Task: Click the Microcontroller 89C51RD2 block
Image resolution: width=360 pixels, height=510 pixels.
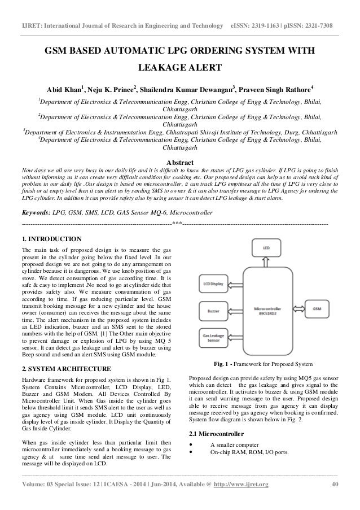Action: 267,310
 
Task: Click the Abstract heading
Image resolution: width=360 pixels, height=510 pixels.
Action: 179,163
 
